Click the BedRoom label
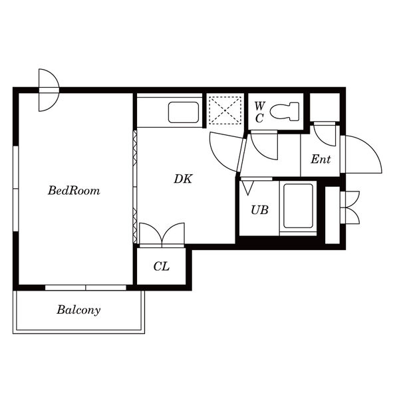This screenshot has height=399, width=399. pos(74,191)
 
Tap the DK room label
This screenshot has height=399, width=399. pos(184,179)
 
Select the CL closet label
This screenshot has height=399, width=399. pos(162,267)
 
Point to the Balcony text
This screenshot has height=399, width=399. pos(78,310)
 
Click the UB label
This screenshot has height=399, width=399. pos(259,210)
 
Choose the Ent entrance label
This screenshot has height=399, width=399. pos(321,159)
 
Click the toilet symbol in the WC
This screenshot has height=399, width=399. pos(285,111)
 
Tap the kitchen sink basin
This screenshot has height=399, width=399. pos(184,112)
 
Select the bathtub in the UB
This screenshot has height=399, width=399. pos(298,206)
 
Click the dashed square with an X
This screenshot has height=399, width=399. pos(225,110)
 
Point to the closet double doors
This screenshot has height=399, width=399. pos(162,235)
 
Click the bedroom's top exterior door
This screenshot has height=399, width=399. pos(49,90)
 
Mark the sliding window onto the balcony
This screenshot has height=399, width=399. pos(86,287)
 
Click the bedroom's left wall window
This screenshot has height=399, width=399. pos(16,189)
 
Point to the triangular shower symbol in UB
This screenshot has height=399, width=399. pos(247,188)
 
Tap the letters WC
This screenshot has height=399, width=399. pos(260,112)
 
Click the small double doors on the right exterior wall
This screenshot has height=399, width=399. pos(351,207)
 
